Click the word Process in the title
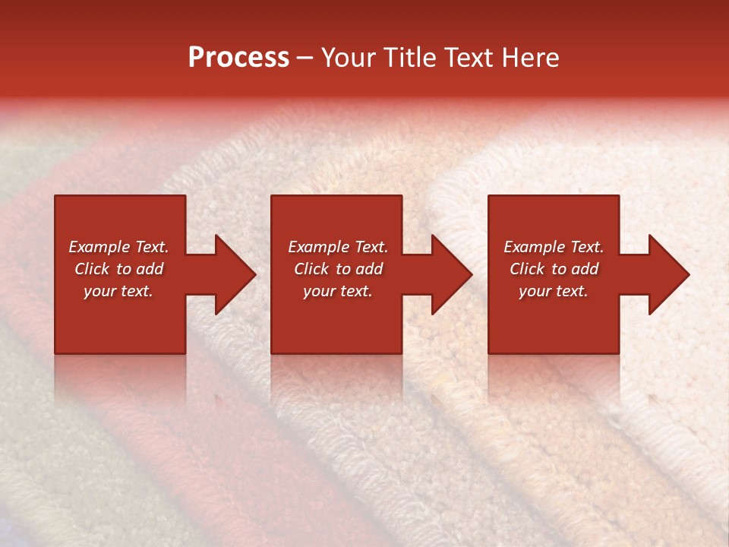[x=238, y=58]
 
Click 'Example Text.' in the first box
[x=118, y=247]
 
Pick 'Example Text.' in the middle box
[x=338, y=247]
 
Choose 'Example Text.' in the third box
[x=554, y=247]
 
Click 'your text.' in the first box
[x=118, y=291]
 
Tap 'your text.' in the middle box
[x=338, y=291]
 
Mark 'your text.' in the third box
[x=554, y=291]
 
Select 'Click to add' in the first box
[x=118, y=269]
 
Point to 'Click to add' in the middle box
[x=338, y=269]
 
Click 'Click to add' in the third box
[x=554, y=269]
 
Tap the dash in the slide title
[x=305, y=58]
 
